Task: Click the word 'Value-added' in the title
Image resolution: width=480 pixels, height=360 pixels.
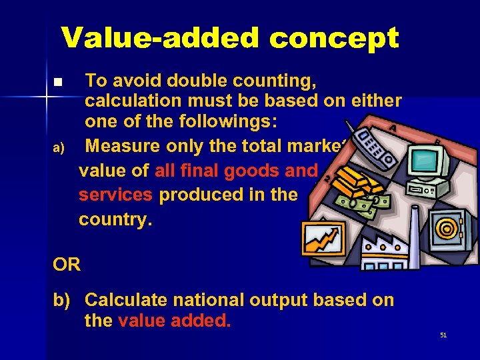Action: [x=161, y=39]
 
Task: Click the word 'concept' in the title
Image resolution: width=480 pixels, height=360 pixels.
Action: [x=333, y=39]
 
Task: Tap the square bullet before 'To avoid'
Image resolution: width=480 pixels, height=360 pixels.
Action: [x=57, y=83]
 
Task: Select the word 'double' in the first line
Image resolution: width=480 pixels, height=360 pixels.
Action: [x=196, y=81]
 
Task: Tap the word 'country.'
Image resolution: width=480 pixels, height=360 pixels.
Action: [x=115, y=219]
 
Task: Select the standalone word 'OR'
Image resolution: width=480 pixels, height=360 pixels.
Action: [x=67, y=265]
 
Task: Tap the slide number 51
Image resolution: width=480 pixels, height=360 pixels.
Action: [x=443, y=335]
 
